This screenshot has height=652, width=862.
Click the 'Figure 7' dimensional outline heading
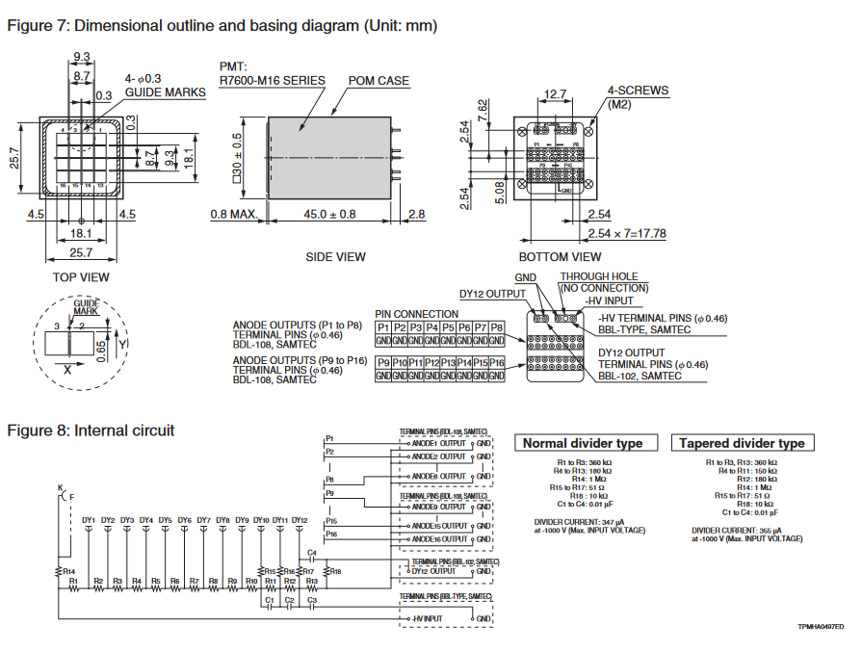[x=222, y=26]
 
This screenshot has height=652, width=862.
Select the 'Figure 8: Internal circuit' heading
[x=91, y=430]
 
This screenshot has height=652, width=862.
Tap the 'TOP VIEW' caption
[x=81, y=277]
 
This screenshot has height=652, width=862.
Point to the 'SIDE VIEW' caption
[x=335, y=257]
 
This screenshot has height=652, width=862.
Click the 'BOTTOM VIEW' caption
[x=561, y=257]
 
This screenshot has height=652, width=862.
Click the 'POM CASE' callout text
[x=379, y=81]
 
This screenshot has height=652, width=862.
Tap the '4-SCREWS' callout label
[x=638, y=91]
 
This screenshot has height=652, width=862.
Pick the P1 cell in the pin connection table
[x=383, y=328]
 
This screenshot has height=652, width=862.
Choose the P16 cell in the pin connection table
[x=496, y=362]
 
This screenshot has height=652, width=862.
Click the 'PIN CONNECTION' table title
[x=416, y=314]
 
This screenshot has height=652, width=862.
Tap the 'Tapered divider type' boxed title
[x=742, y=443]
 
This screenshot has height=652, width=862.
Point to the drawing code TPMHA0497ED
[x=819, y=627]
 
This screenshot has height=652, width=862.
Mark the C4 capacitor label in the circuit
[x=311, y=553]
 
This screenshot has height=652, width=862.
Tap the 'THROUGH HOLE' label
[x=599, y=276]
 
